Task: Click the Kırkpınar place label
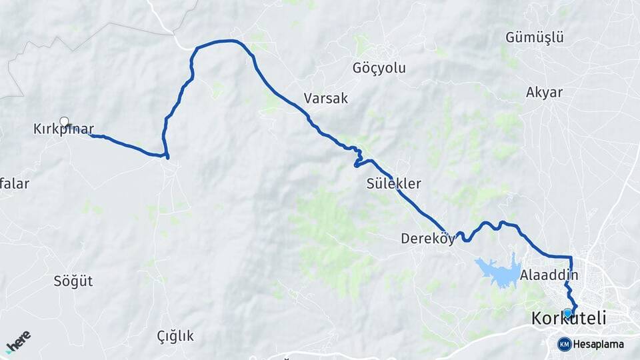pos(63,129)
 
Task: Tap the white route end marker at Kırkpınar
pos(64,121)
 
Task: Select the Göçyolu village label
pos(379,68)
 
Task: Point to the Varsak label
pos(326,99)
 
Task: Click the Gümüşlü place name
pos(535,37)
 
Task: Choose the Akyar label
pos(544,93)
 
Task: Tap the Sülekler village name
pos(393,183)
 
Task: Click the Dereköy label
pos(427,238)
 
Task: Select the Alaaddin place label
pos(549,275)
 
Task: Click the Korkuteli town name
pos(569,319)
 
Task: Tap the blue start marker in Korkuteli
pos(568,313)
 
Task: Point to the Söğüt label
pos(73,281)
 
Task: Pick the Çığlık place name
pos(175,335)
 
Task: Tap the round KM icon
pos(565,344)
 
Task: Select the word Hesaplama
pos(599,345)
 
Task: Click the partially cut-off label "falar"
pos(14,184)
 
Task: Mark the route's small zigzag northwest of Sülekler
pos(358,158)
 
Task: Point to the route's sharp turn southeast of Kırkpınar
pos(166,157)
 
